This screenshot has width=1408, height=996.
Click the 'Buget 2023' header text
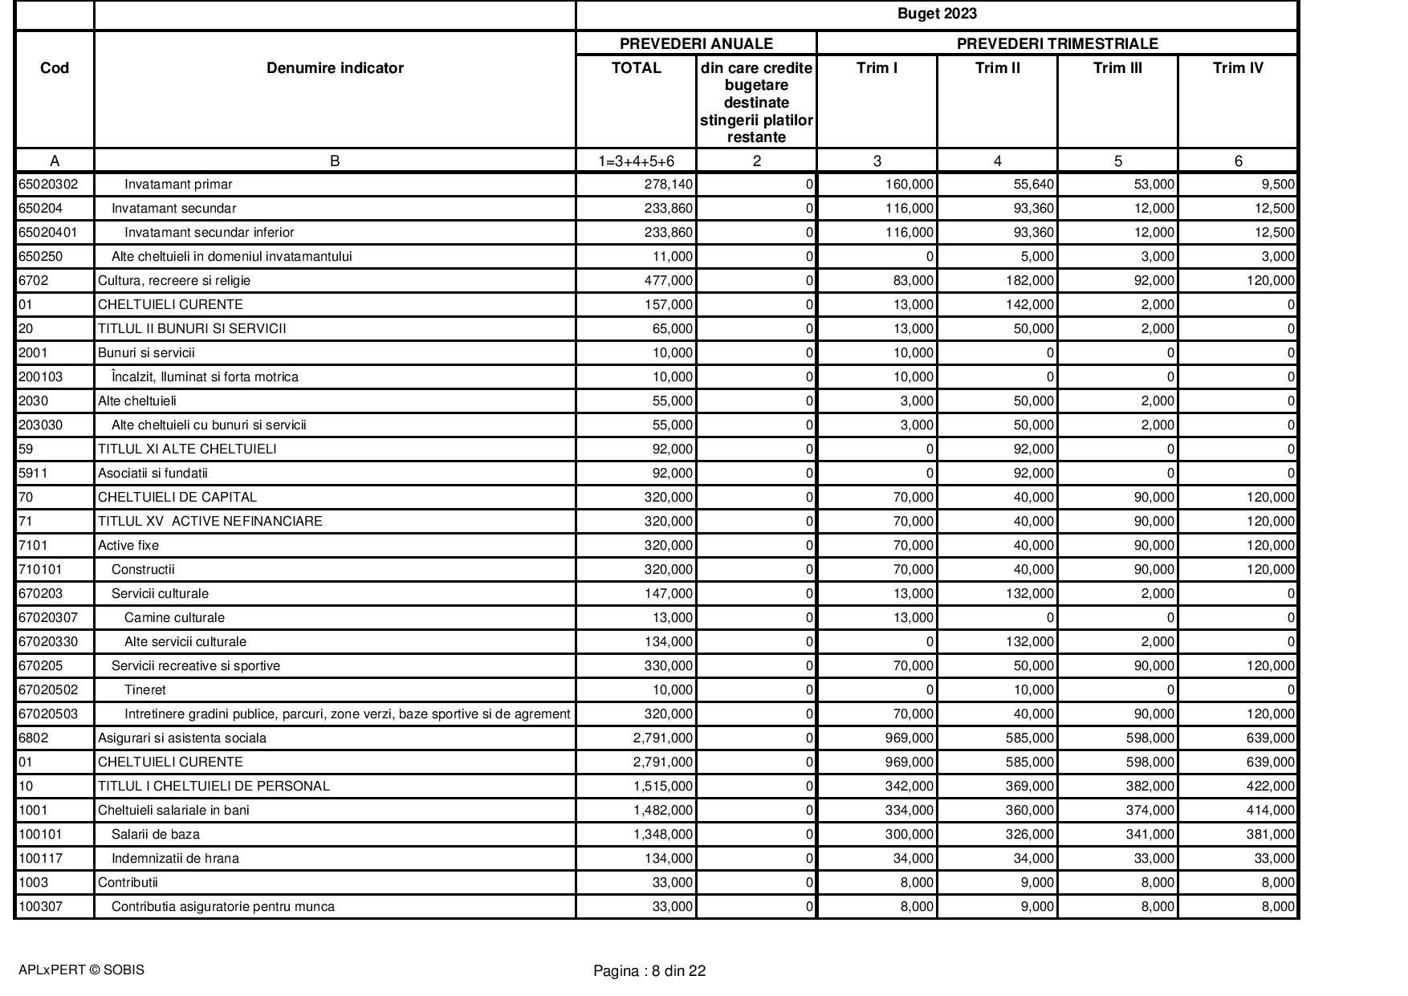click(x=937, y=14)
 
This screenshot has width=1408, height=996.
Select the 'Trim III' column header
click(x=1117, y=68)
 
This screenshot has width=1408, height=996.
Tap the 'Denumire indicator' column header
click(x=335, y=68)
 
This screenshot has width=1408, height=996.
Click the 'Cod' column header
click(x=55, y=68)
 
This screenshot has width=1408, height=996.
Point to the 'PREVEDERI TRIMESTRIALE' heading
click(x=1057, y=43)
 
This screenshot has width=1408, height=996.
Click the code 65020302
click(x=48, y=185)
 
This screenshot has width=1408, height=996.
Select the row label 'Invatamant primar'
click(x=178, y=185)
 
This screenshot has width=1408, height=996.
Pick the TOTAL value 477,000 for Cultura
click(x=669, y=281)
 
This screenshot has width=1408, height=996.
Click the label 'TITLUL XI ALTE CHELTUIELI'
click(x=187, y=449)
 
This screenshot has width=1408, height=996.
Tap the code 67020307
click(x=48, y=618)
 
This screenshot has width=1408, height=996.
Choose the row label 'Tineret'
click(x=145, y=690)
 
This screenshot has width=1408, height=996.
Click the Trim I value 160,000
click(x=910, y=185)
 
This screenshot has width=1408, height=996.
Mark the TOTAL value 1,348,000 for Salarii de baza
click(x=663, y=835)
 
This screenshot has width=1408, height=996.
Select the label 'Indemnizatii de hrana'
click(x=175, y=859)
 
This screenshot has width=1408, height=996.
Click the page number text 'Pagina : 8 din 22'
click(x=649, y=971)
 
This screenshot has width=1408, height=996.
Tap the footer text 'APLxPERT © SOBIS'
click(x=81, y=970)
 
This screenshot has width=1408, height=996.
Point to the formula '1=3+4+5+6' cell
click(x=637, y=161)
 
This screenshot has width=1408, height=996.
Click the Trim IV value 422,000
click(x=1270, y=787)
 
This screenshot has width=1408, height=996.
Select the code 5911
click(x=33, y=474)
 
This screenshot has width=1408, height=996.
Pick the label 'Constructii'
click(x=143, y=570)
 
